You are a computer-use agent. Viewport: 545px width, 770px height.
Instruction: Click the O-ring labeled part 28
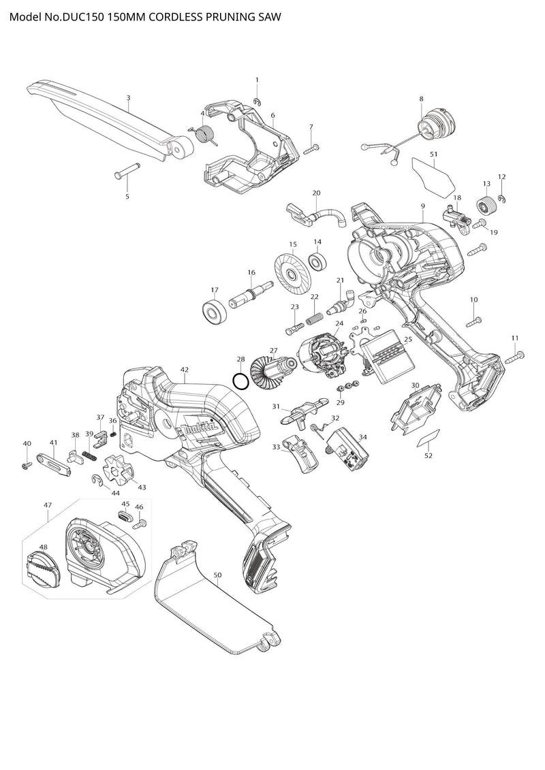240,381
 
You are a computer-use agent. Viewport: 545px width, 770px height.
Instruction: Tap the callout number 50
217,575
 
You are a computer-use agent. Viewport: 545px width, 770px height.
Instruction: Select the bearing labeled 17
215,311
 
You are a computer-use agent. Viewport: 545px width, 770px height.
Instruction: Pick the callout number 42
184,369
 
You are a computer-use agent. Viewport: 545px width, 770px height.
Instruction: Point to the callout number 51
433,155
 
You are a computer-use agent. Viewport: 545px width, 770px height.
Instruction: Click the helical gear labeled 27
267,374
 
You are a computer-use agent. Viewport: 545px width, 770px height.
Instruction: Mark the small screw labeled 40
27,464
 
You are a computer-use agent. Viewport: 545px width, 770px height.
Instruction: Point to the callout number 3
128,98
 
